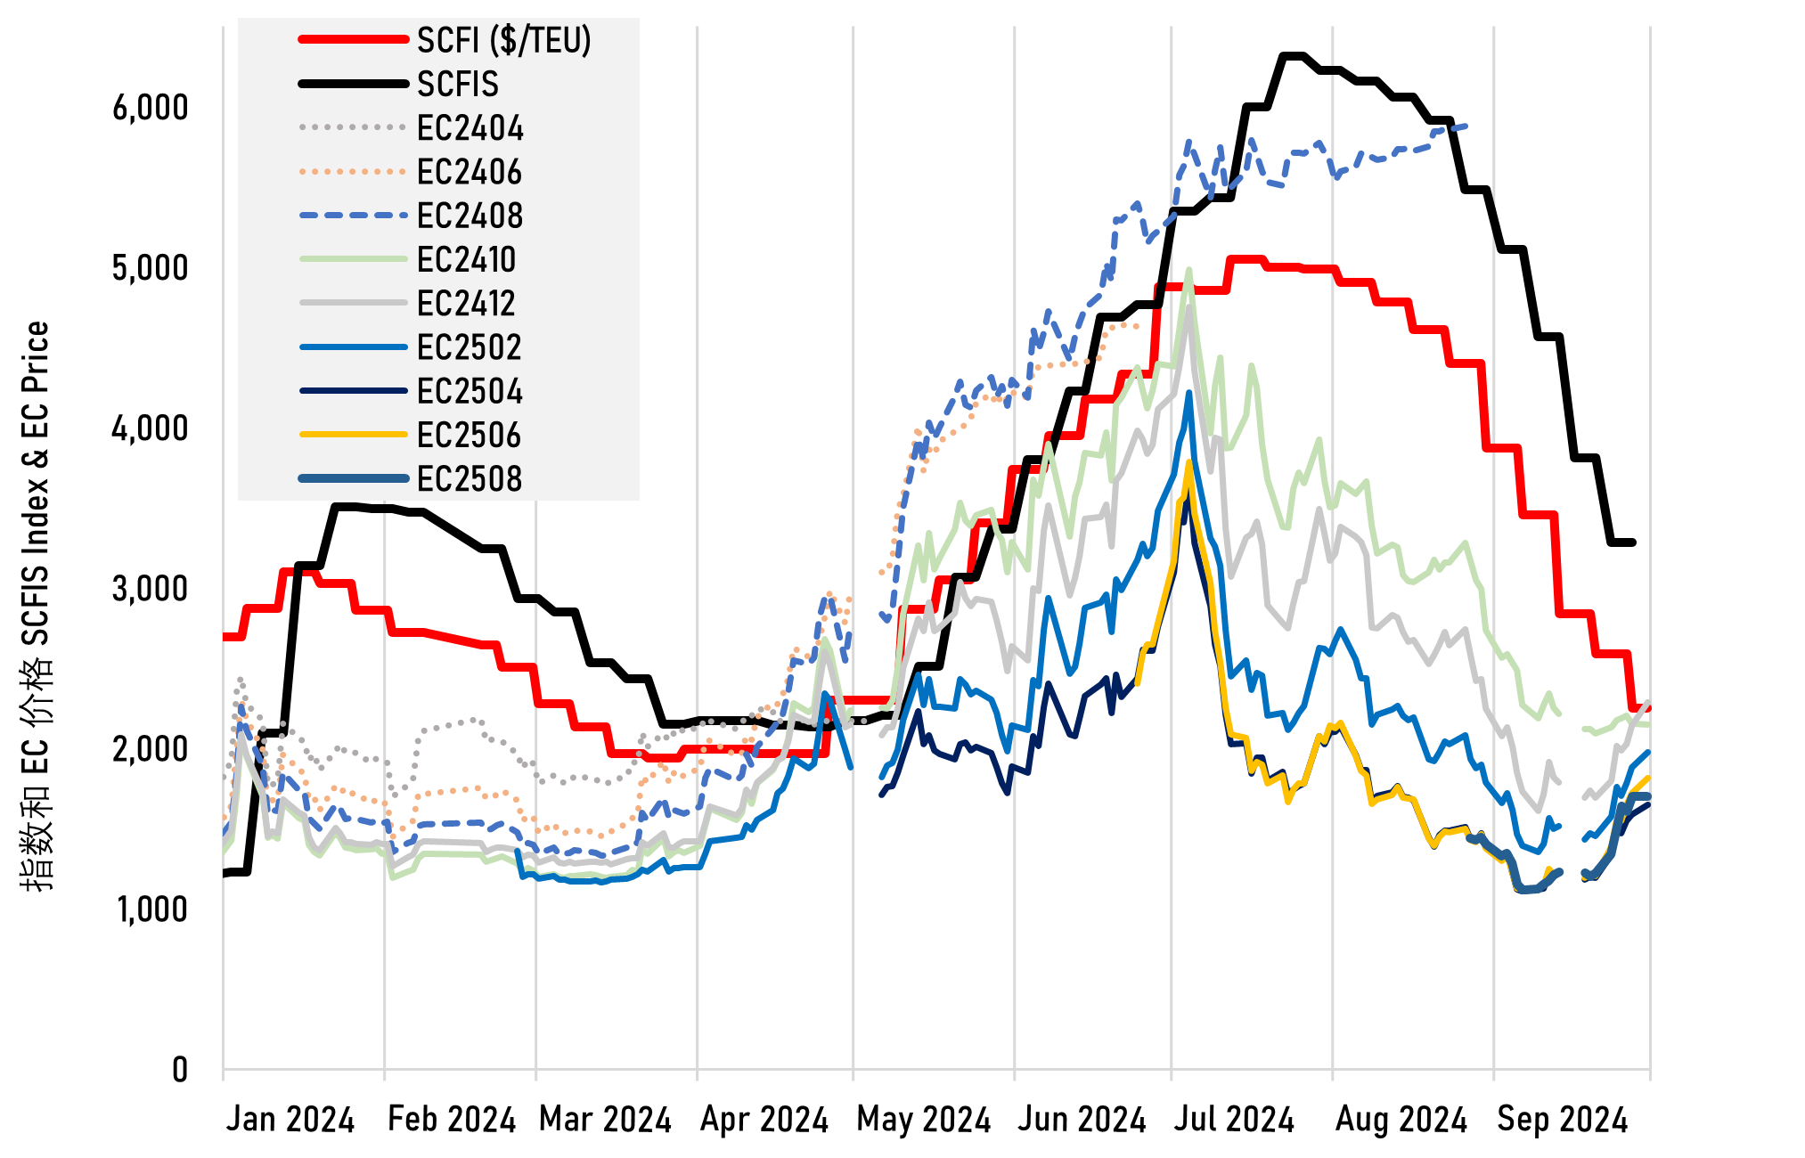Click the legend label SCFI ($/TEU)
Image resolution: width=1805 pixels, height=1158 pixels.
[x=503, y=40]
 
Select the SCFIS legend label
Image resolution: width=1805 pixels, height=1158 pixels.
[x=458, y=84]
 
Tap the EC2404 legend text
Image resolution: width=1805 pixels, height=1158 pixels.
[x=470, y=127]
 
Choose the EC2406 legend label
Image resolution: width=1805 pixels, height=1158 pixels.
[x=469, y=171]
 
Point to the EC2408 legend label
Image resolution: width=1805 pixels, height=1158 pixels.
[x=470, y=216]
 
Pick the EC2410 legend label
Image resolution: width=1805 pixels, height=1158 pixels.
[x=466, y=259]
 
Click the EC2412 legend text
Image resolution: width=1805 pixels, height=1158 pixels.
[x=466, y=303]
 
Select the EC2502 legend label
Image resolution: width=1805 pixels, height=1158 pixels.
[x=469, y=347]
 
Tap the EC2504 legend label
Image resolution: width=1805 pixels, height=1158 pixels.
[x=470, y=391]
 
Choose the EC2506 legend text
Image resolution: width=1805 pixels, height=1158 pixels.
[x=469, y=435]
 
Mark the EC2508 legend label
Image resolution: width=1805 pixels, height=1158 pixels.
[x=470, y=478]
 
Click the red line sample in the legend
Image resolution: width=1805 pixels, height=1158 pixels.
[x=354, y=40]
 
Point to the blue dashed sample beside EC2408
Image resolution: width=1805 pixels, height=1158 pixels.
[x=354, y=216]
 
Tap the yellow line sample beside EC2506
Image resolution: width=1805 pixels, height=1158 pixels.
[x=354, y=435]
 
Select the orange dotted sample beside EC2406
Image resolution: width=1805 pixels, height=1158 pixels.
[x=354, y=171]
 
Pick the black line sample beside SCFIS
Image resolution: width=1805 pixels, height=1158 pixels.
[x=354, y=84]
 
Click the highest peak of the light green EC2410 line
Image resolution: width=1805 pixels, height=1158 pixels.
[x=1188, y=270]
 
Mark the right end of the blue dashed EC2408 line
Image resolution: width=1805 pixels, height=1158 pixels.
[x=1466, y=126]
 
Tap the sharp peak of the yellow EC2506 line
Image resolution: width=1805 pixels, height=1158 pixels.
[x=1188, y=462]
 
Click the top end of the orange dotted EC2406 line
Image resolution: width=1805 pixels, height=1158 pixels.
[x=1137, y=325]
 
